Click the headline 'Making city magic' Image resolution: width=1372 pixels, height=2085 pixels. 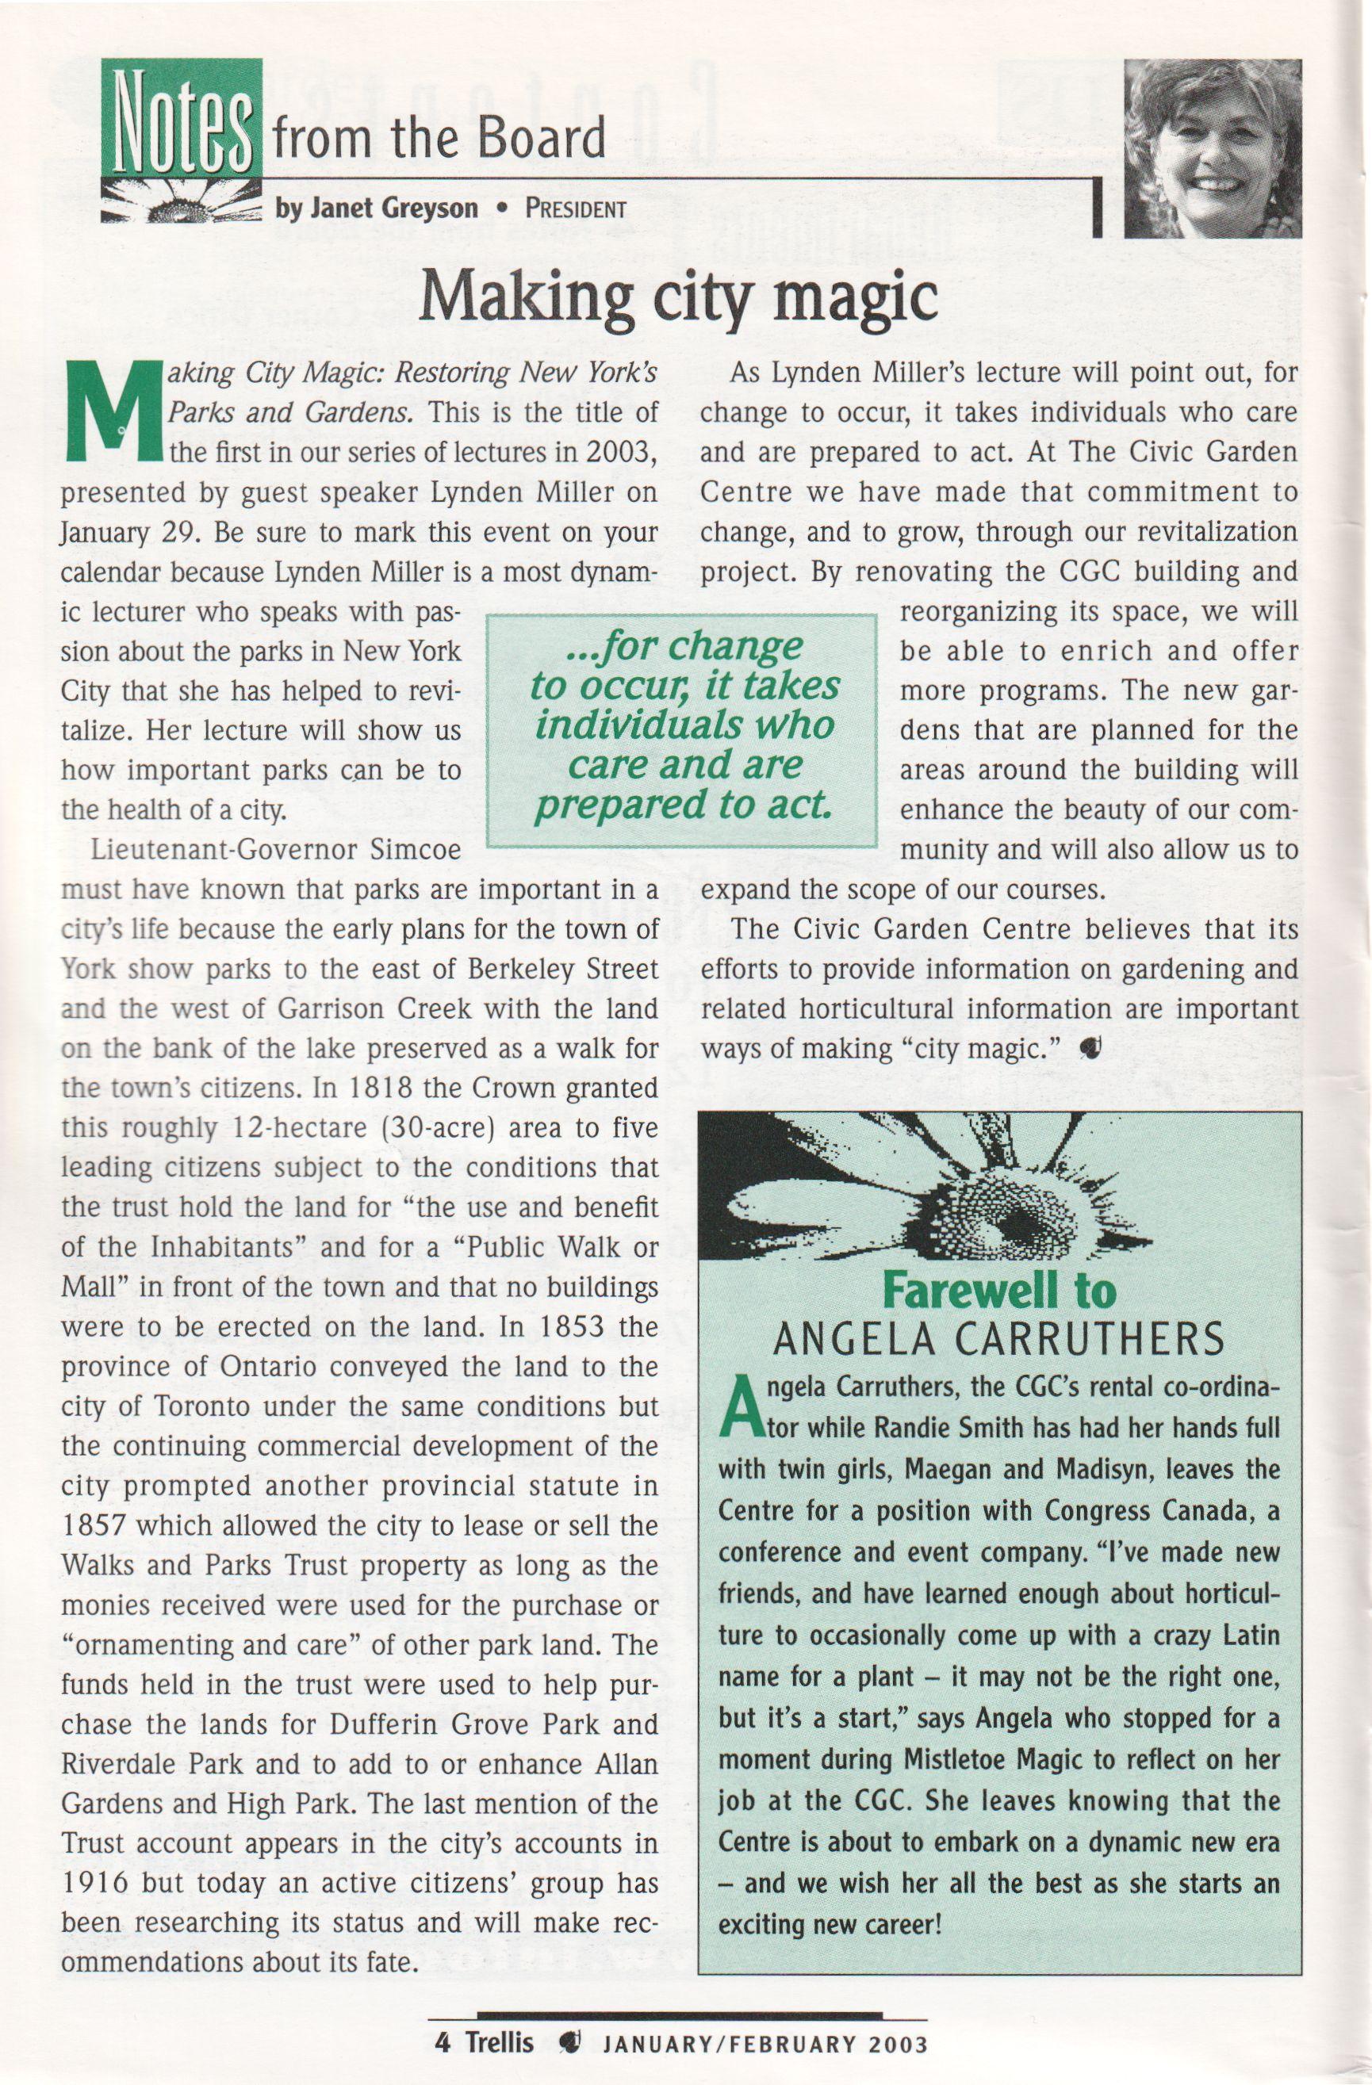(678, 298)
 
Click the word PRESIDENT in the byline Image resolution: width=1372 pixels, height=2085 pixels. (576, 209)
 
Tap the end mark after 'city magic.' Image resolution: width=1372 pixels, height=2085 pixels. (1091, 1049)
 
